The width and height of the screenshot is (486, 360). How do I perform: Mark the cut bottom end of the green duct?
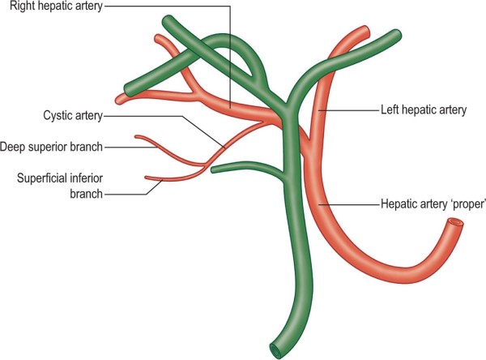click(x=279, y=351)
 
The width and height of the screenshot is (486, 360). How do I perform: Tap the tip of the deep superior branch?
click(x=137, y=138)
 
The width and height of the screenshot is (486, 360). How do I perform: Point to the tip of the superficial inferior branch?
click(x=146, y=178)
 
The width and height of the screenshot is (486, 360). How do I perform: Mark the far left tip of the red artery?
click(x=119, y=101)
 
